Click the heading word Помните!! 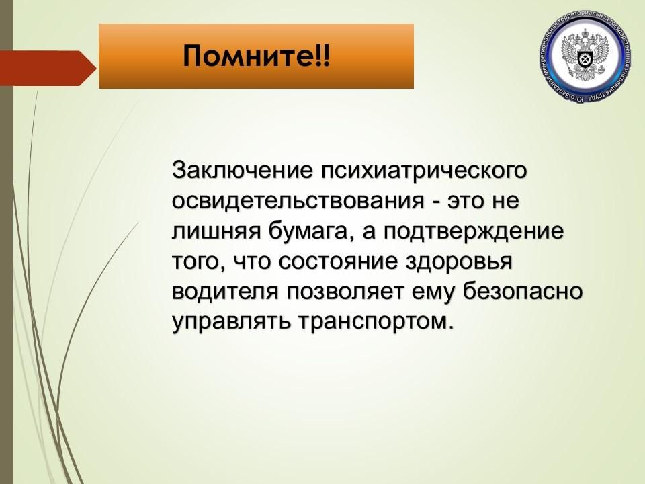click(x=256, y=56)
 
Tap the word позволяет click(x=349, y=292)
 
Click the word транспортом click(x=376, y=322)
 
